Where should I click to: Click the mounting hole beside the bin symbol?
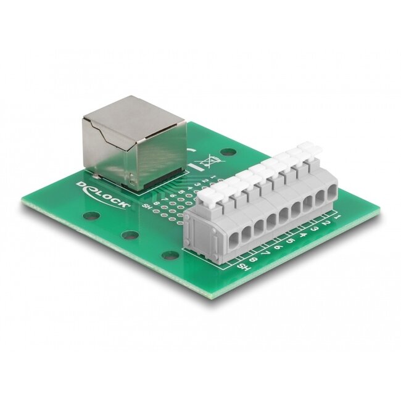click(229, 151)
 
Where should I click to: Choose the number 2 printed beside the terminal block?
click(326, 224)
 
